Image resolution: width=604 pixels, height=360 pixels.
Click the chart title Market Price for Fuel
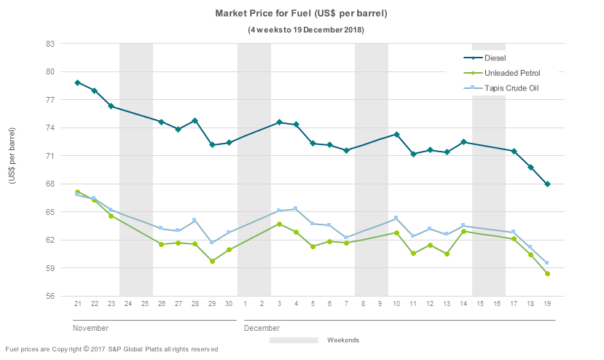pos(301,14)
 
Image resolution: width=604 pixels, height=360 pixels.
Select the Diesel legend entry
pos(495,58)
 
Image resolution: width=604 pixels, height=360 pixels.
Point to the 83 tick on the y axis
pos(50,44)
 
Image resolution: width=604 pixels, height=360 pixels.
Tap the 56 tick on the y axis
pos(50,297)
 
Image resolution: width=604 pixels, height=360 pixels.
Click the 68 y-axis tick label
pos(50,184)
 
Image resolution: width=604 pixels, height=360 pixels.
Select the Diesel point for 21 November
pos(77,83)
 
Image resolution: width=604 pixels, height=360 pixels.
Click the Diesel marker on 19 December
pos(547,184)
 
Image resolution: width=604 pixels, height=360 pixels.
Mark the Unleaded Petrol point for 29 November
pos(212,261)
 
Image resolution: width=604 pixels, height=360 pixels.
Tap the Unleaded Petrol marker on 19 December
pos(547,274)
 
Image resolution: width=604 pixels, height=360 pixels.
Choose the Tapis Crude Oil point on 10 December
pos(396,218)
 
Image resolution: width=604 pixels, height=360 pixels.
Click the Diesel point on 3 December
pos(279,122)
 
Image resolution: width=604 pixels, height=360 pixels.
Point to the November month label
pos(90,328)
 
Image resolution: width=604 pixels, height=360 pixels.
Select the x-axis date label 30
pos(229,303)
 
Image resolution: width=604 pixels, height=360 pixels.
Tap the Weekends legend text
pos(343,340)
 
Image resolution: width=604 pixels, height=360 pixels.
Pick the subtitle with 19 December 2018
pos(301,30)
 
